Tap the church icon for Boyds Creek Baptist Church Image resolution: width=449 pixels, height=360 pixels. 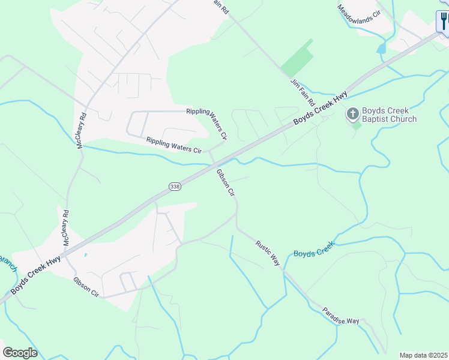tap(353, 113)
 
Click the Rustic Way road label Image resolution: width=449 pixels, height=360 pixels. tap(268, 253)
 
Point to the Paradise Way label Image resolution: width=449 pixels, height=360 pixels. tap(340, 316)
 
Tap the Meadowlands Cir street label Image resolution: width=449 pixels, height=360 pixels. tap(360, 12)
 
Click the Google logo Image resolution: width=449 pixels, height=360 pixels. tap(20, 352)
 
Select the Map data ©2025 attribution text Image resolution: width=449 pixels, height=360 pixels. tap(424, 355)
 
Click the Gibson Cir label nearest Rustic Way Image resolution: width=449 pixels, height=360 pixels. tap(226, 182)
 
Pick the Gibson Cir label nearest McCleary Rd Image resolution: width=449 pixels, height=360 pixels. tap(86, 287)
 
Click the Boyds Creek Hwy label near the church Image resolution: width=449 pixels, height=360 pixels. tap(321, 109)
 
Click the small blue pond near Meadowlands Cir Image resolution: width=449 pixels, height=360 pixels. tap(382, 48)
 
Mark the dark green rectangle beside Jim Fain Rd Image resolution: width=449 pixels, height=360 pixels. tap(297, 59)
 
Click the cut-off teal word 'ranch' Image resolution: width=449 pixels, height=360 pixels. tap(7, 262)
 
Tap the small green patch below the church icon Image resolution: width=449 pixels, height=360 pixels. tap(357, 125)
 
